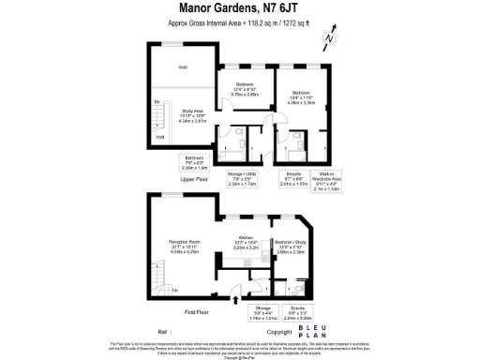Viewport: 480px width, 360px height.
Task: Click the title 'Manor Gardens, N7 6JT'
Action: [x=239, y=8]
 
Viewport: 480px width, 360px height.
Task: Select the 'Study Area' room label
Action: [x=192, y=115]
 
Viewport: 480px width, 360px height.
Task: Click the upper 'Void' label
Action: [x=184, y=67]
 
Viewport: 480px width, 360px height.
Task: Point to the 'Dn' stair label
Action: [x=157, y=101]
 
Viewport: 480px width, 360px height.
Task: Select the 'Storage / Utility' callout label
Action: [x=242, y=178]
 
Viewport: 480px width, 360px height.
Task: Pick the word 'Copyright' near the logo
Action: [x=280, y=333]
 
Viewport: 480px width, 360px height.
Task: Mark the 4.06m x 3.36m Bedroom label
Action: [x=301, y=96]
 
